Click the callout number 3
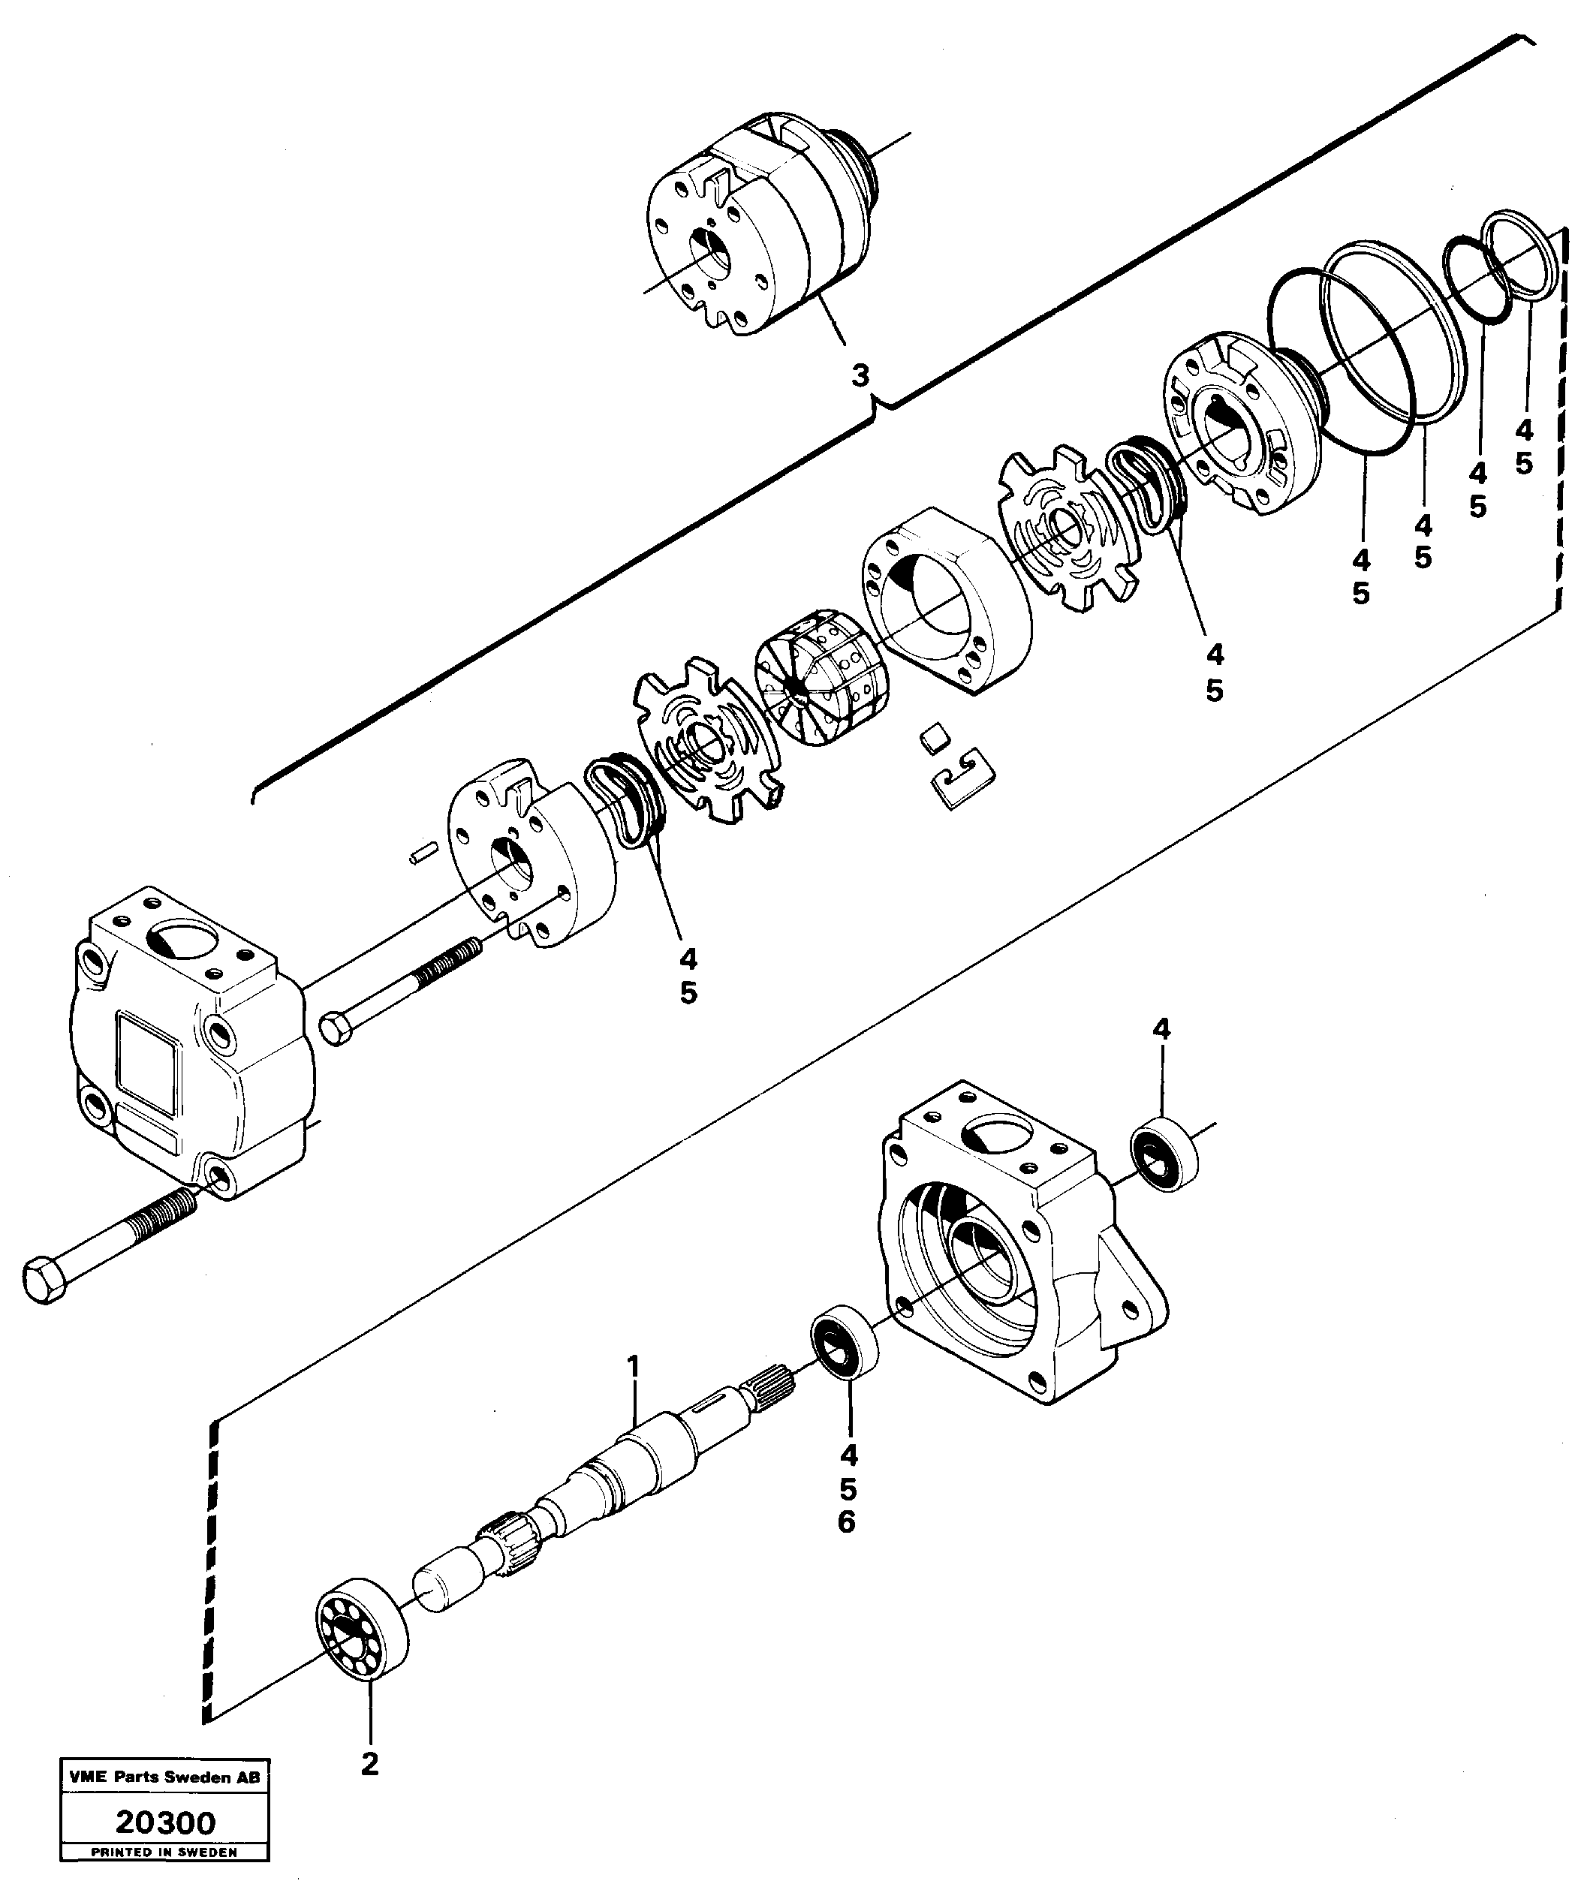point(860,375)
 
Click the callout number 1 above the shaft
point(634,1367)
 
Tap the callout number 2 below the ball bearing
point(370,1789)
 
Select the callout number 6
point(846,1522)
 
